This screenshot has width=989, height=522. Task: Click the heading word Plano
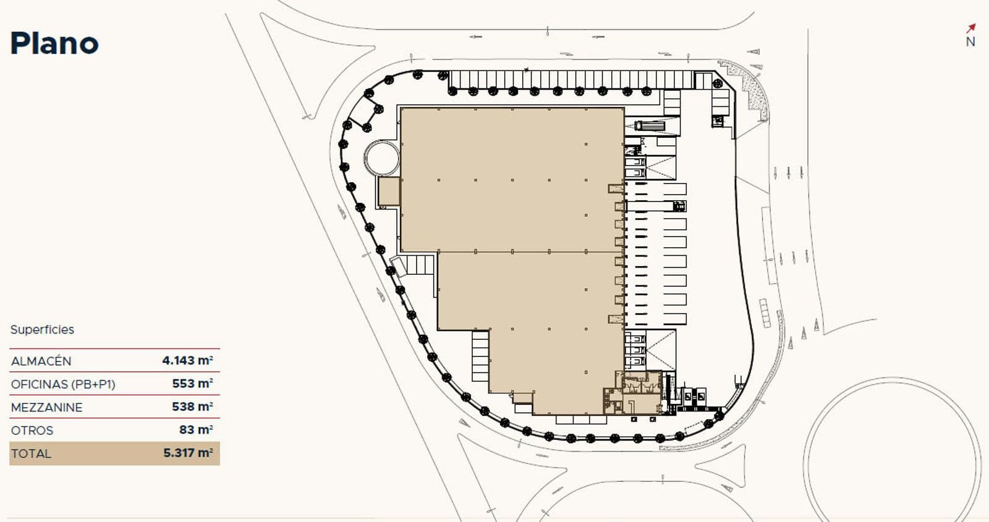tap(54, 43)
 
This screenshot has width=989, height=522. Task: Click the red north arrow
tap(970, 28)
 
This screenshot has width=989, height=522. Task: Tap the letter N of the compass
tap(970, 42)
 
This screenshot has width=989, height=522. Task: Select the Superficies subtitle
tap(42, 330)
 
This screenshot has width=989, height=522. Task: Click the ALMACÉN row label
tap(41, 361)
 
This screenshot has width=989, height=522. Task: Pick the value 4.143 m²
tap(188, 361)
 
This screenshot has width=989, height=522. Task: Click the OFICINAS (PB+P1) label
tap(63, 384)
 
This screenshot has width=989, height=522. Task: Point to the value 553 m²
tap(192, 384)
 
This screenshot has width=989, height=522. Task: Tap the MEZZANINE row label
tap(47, 407)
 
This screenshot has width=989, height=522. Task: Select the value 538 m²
tap(192, 406)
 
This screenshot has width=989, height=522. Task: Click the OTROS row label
tap(32, 431)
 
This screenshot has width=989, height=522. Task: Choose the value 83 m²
tap(196, 429)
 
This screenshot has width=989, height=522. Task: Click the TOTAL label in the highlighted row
tap(32, 453)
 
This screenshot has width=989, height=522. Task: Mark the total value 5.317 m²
tap(188, 453)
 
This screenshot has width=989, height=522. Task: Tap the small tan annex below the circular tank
tap(389, 192)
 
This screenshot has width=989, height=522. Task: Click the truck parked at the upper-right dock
tap(650, 126)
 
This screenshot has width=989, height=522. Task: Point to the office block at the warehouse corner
tap(633, 393)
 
